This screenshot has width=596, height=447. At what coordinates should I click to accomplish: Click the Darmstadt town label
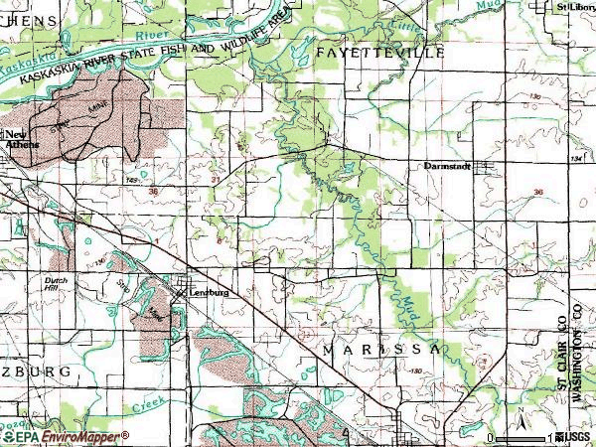click(441, 166)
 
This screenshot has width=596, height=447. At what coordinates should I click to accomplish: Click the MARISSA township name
click(380, 352)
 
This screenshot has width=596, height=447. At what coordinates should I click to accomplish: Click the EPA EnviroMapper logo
click(65, 437)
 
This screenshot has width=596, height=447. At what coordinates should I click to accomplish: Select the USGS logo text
click(573, 438)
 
